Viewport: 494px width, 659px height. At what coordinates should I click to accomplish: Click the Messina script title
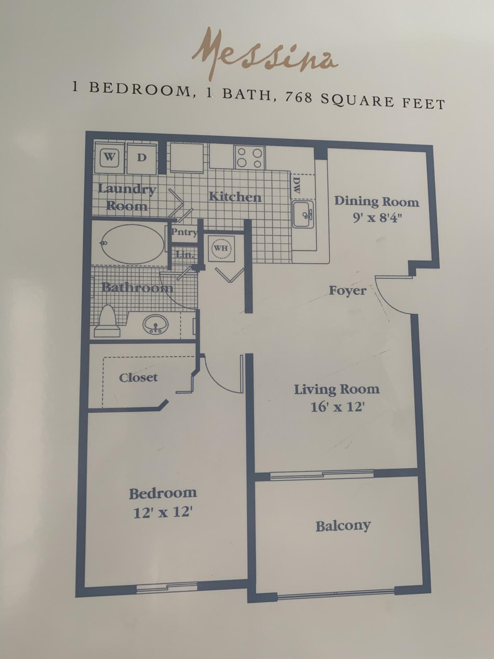tap(265, 54)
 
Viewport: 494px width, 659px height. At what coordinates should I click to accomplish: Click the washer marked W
tap(109, 158)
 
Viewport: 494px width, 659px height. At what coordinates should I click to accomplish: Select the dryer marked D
tap(142, 158)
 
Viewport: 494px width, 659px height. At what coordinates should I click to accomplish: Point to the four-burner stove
tap(250, 158)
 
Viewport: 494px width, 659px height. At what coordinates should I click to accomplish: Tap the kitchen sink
tap(303, 215)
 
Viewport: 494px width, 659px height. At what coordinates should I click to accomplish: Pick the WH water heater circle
tap(221, 248)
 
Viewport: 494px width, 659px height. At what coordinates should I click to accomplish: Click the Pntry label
tap(184, 232)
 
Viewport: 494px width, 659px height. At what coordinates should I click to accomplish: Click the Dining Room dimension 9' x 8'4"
tap(378, 217)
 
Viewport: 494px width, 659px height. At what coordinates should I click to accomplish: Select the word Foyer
tap(348, 291)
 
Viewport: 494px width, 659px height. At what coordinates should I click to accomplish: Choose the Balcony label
tap(343, 526)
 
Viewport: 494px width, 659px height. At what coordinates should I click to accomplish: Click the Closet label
tap(138, 378)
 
